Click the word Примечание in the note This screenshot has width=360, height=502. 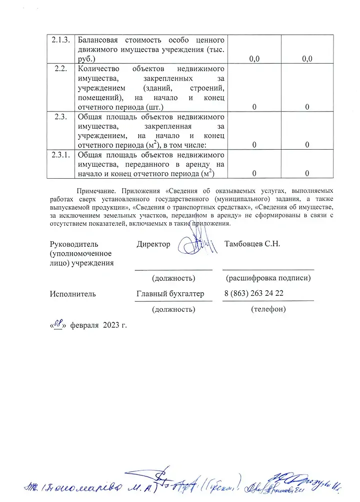coord(96,191)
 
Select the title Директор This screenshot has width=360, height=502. coord(153,244)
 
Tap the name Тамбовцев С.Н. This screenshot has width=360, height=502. coord(252,244)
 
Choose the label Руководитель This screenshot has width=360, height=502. coord(74,244)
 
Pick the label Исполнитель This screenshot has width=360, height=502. coord(72,294)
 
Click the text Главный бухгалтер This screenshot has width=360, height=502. coord(170,294)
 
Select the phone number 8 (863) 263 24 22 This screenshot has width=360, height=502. coord(254,294)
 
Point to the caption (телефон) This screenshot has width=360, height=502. coord(268,309)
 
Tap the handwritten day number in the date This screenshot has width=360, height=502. coord(58,324)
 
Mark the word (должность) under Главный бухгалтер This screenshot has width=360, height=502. coord(173,310)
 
